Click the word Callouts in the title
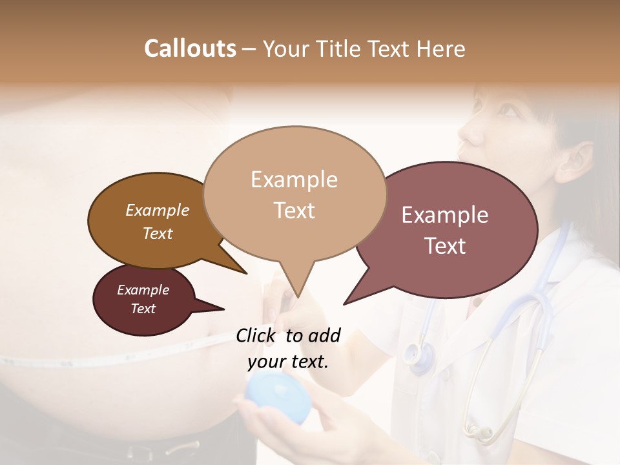pos(190,48)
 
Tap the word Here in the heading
pos(440,48)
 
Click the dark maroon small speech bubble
pos(143,300)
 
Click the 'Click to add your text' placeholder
pos(288,349)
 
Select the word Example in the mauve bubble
pos(445,215)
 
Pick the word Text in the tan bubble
pos(294,211)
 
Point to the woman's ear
pos(576,161)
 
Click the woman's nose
pos(470,132)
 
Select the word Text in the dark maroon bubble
pos(143,309)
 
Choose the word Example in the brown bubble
pos(157,211)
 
